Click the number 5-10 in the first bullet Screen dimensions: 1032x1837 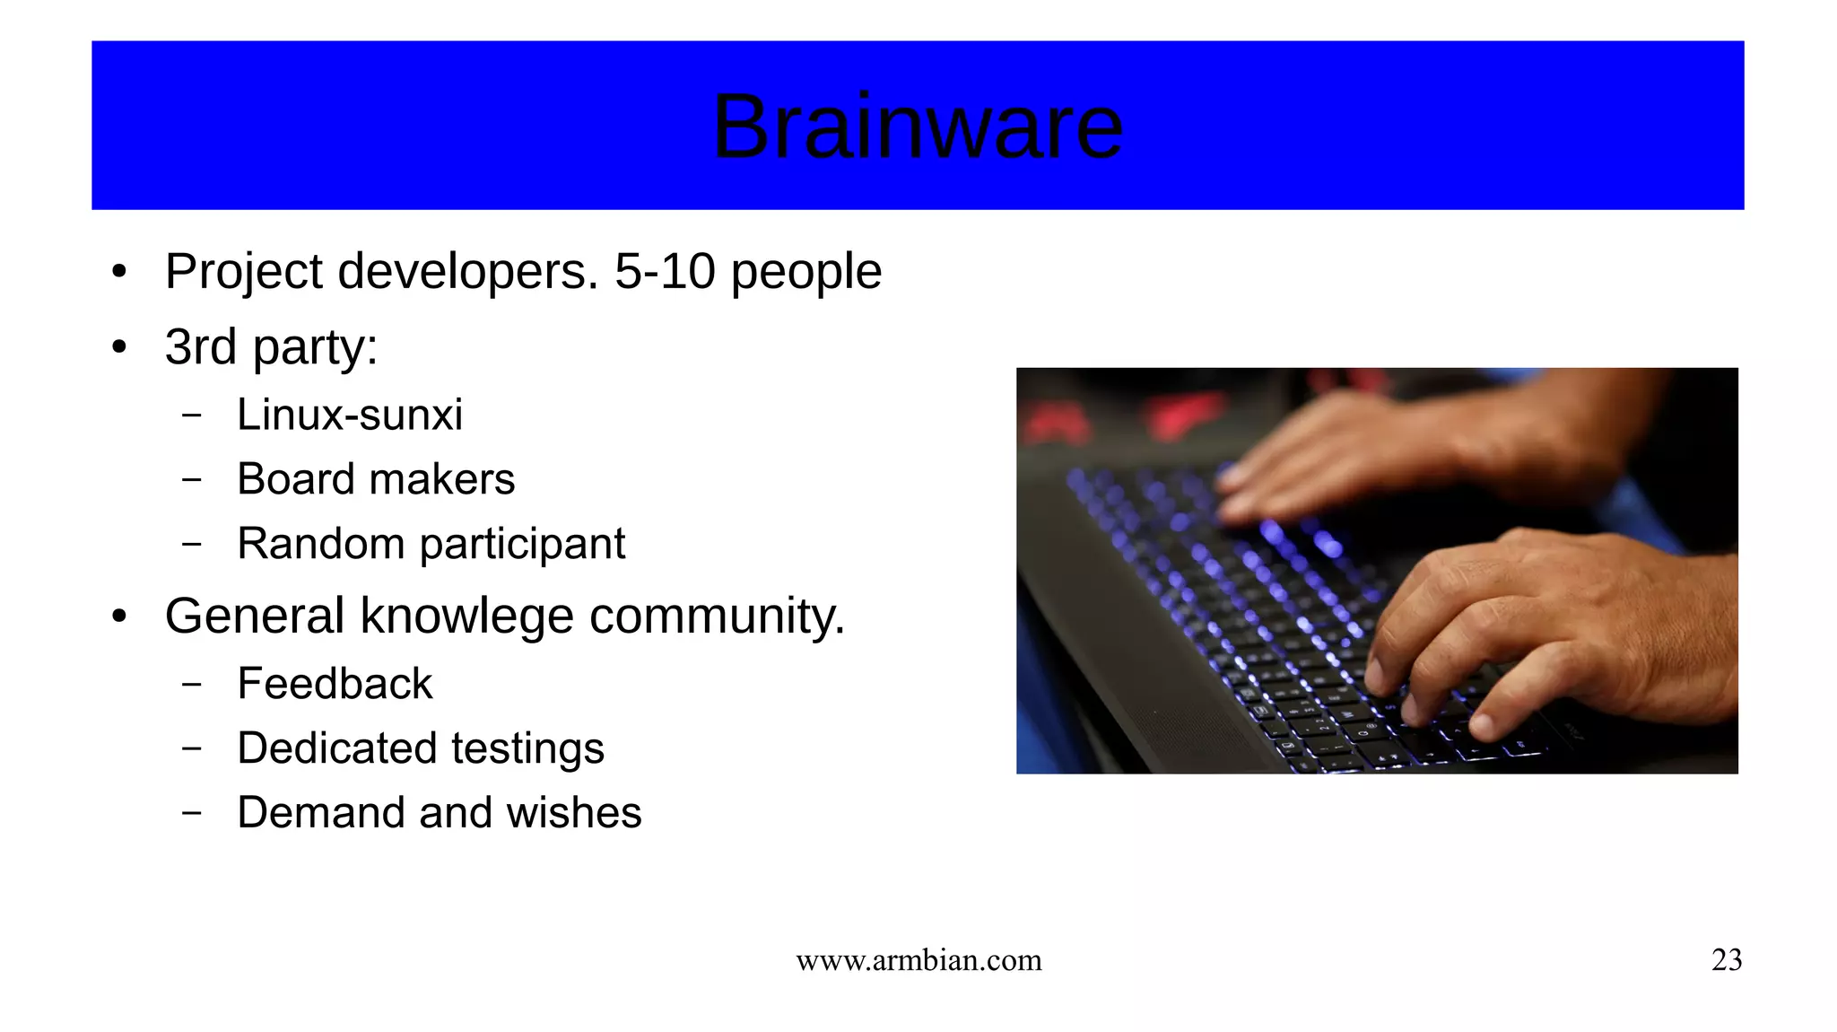coord(665,271)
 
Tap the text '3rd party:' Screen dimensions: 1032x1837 coord(271,347)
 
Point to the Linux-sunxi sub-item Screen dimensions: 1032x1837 coord(349,415)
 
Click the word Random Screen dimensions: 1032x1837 coord(320,544)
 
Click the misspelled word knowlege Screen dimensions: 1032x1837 coord(466,617)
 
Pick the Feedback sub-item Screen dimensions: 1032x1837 coord(335,684)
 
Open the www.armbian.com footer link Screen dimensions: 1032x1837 coord(918,960)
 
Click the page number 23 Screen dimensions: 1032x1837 coord(1726,960)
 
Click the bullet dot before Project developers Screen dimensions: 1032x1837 coord(119,272)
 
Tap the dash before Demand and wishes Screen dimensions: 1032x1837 coord(191,813)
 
